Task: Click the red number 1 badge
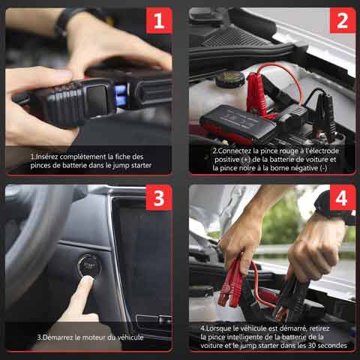click(158, 20)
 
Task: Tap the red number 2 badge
click(342, 20)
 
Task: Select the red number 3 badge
click(158, 198)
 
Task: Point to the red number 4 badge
click(342, 198)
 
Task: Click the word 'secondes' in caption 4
click(331, 346)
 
